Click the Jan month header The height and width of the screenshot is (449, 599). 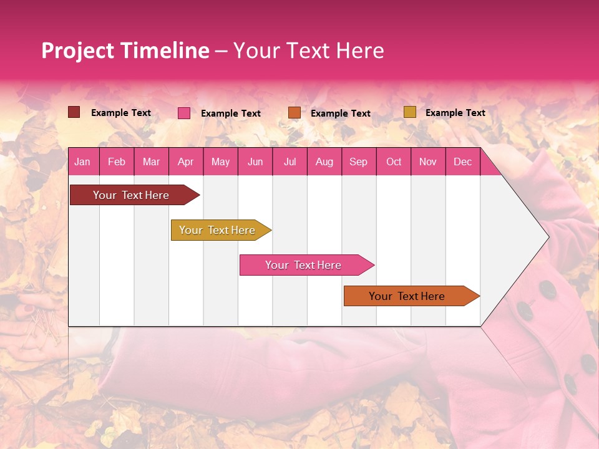(82, 162)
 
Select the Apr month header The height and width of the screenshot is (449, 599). (185, 162)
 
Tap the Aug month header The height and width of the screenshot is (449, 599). (324, 162)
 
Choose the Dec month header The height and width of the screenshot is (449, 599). (462, 162)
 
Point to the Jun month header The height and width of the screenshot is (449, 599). (255, 162)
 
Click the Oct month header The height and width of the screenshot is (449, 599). (394, 162)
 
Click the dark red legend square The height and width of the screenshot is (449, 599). (74, 112)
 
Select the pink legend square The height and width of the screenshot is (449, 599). (183, 113)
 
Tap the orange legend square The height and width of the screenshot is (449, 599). (294, 113)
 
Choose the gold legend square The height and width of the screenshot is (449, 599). (409, 112)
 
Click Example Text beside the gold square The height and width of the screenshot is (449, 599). (455, 113)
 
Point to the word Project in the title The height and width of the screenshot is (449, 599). (76, 51)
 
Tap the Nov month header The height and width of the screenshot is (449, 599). (428, 162)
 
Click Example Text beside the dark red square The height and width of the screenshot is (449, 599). (120, 113)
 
